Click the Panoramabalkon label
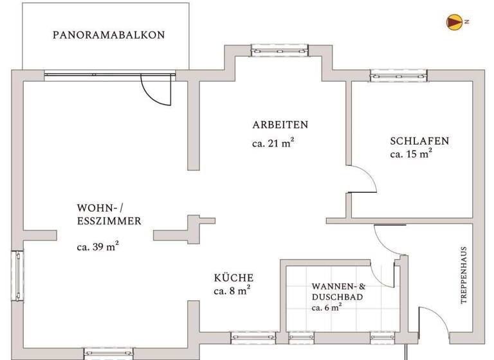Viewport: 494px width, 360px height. (x=109, y=35)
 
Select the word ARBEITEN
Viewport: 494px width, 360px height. (x=280, y=125)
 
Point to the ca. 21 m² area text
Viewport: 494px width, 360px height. (x=273, y=143)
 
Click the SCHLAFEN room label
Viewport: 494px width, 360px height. (x=419, y=141)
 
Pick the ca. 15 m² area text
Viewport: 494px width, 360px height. (x=411, y=154)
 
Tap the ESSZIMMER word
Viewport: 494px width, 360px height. (x=109, y=221)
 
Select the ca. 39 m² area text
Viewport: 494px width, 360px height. (x=98, y=246)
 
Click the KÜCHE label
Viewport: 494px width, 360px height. (x=233, y=278)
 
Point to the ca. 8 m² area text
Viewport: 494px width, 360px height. (x=232, y=291)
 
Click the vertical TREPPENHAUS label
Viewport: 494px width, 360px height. (x=464, y=276)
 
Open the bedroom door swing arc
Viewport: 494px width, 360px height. (x=363, y=179)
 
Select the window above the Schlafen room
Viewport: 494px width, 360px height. (x=389, y=76)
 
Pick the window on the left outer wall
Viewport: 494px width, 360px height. (x=18, y=275)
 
